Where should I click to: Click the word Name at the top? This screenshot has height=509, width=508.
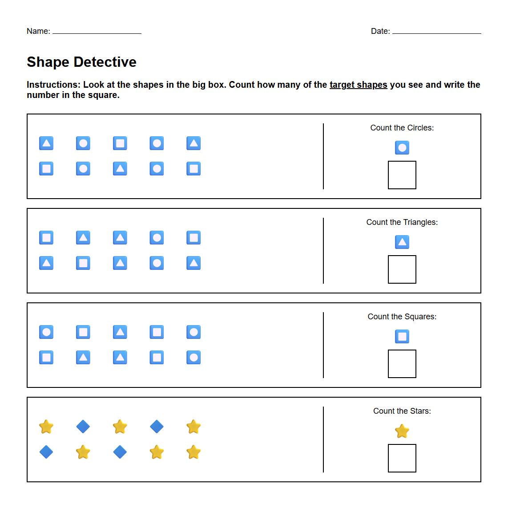pyautogui.click(x=37, y=31)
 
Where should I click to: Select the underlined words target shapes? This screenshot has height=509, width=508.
pyautogui.click(x=358, y=85)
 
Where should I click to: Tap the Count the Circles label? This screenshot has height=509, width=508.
pyautogui.click(x=402, y=128)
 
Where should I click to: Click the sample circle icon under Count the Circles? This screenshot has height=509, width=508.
pyautogui.click(x=402, y=148)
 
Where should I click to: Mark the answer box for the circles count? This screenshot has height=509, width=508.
pyautogui.click(x=402, y=175)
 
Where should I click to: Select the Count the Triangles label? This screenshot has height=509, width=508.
pyautogui.click(x=402, y=222)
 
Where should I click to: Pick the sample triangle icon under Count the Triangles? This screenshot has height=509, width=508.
pyautogui.click(x=402, y=242)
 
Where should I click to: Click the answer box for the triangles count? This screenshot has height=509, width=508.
pyautogui.click(x=402, y=269)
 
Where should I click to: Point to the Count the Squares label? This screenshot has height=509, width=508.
pyautogui.click(x=402, y=317)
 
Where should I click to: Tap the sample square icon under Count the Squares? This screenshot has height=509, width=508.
pyautogui.click(x=402, y=337)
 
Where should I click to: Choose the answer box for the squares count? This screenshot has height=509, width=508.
pyautogui.click(x=402, y=364)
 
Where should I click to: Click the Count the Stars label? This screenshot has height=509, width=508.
pyautogui.click(x=402, y=411)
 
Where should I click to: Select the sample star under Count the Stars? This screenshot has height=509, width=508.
pyautogui.click(x=402, y=431)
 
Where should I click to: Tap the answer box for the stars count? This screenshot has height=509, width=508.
pyautogui.click(x=402, y=458)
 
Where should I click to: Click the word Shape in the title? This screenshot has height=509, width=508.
pyautogui.click(x=48, y=62)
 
